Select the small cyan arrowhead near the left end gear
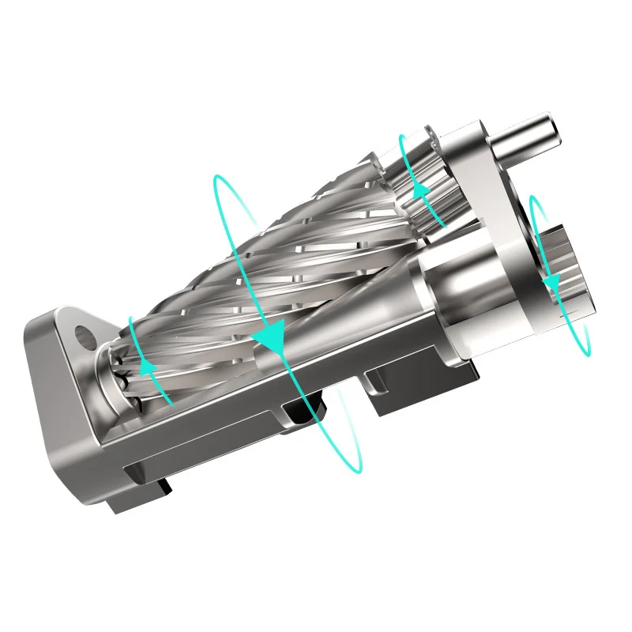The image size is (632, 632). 146,365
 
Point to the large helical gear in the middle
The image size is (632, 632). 284,261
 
